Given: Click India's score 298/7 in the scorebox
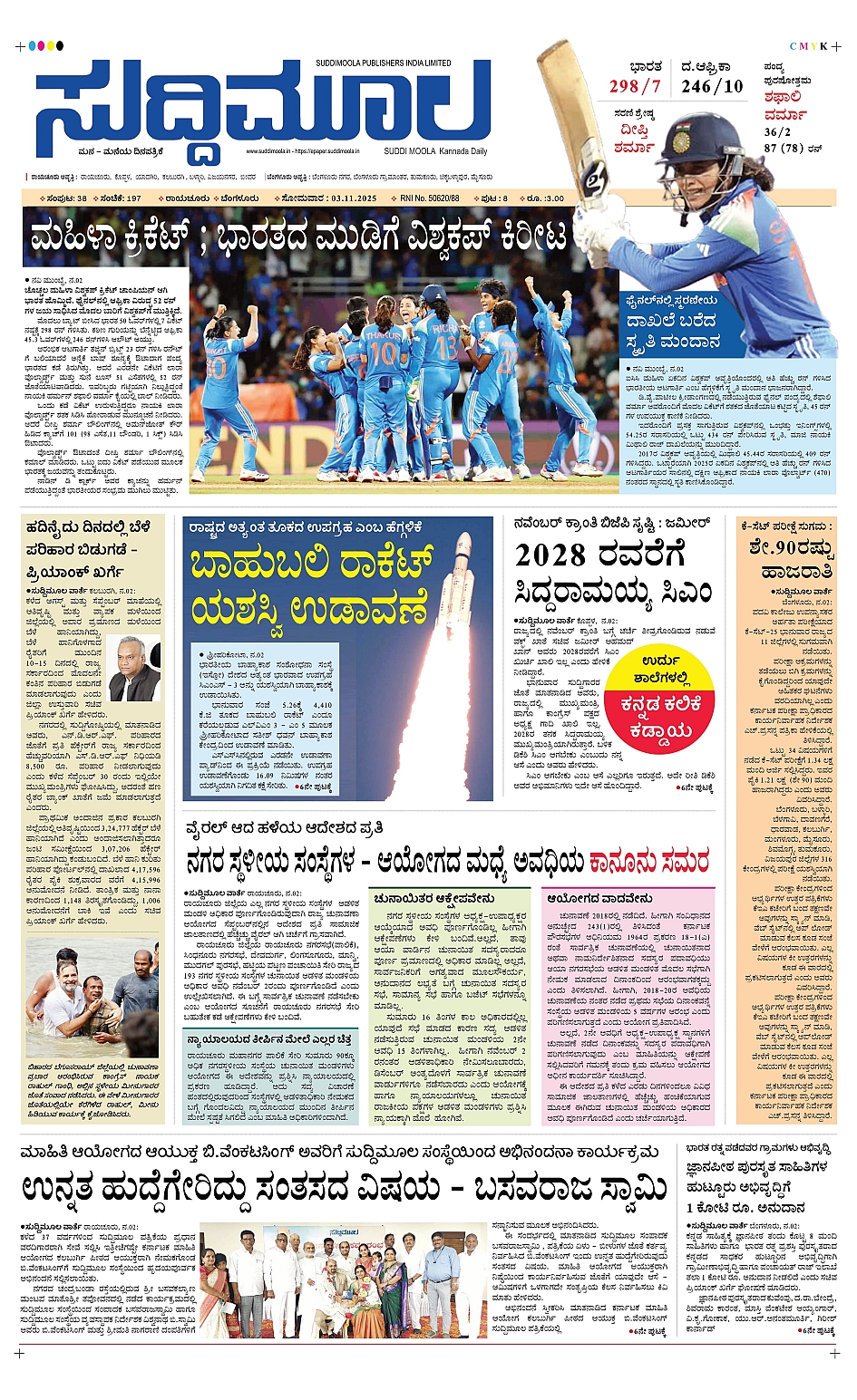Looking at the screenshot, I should pyautogui.click(x=635, y=87).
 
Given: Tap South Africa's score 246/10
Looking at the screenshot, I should pyautogui.click(x=712, y=87).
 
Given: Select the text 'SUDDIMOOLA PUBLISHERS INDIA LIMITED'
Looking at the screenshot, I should pyautogui.click(x=384, y=63).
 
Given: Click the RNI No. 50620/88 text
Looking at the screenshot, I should pyautogui.click(x=430, y=198).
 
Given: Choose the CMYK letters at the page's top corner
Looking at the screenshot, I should pyautogui.click(x=808, y=46).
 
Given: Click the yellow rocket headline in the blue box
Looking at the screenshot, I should pyautogui.click(x=308, y=584).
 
